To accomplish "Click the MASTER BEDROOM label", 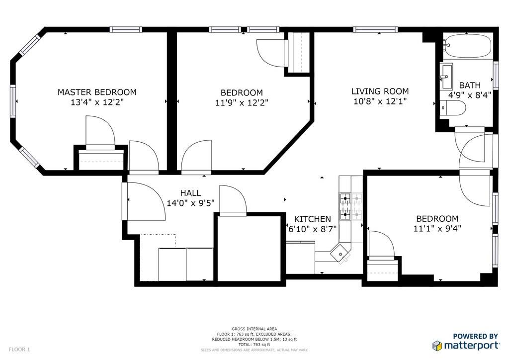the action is click(97, 92).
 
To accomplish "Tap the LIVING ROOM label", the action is click(380, 91).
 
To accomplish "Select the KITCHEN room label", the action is click(313, 219).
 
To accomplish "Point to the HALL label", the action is click(190, 193).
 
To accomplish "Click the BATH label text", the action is click(470, 86).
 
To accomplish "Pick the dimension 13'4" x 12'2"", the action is click(97, 102).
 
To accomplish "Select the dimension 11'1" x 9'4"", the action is click(437, 229).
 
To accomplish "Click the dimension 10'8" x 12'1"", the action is click(380, 101).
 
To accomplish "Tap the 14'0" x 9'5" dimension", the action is click(190, 203).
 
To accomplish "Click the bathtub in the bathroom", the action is click(468, 46).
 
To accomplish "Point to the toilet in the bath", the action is click(453, 108).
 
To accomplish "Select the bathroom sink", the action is click(446, 77).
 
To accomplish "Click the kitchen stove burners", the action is click(351, 206).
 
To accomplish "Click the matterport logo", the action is click(466, 342).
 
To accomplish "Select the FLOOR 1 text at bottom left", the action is click(19, 350).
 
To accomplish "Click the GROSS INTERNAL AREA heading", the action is click(254, 329).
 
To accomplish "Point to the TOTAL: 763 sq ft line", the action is click(254, 345).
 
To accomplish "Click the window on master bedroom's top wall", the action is click(126, 29).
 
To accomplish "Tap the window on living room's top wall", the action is click(376, 29).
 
